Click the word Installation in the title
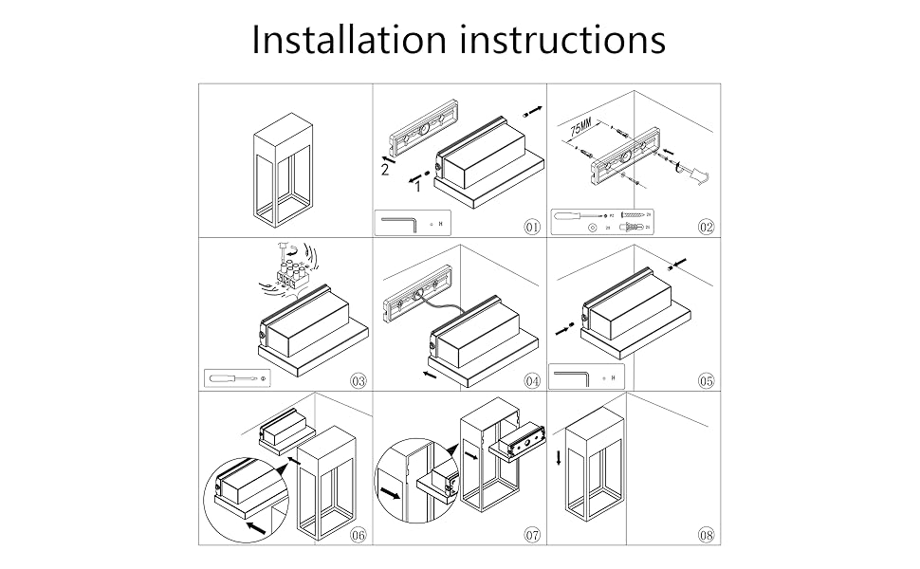click(349, 40)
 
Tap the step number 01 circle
click(532, 227)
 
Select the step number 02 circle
click(705, 227)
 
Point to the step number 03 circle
click(358, 381)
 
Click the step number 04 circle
click(532, 381)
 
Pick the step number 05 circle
click(705, 381)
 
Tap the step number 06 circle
click(358, 535)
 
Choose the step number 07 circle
click(532, 535)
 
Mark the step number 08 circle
click(705, 535)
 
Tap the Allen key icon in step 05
click(570, 378)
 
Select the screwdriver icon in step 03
click(230, 378)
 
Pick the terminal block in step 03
click(287, 275)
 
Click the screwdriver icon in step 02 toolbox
click(574, 215)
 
